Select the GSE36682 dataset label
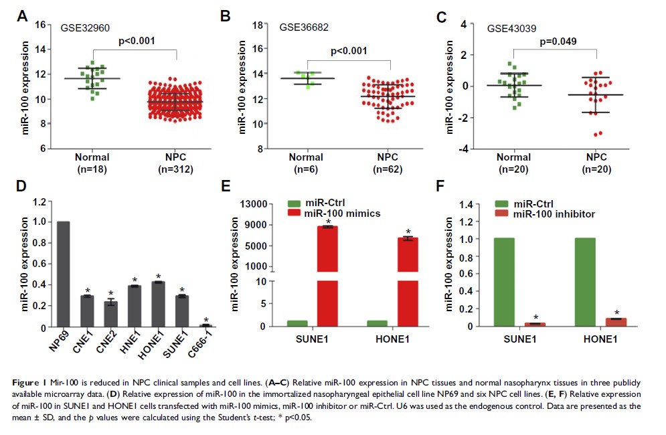(304, 27)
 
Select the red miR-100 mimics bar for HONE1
(408, 281)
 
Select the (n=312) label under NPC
(176, 170)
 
